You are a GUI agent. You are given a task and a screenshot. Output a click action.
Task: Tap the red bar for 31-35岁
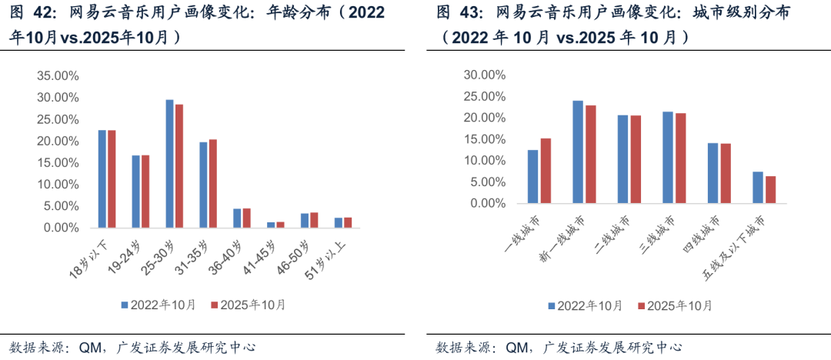click(x=213, y=184)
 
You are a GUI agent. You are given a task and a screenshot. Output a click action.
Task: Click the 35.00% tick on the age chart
click(x=56, y=76)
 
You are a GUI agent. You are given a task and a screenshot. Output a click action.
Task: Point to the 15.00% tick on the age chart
click(x=56, y=163)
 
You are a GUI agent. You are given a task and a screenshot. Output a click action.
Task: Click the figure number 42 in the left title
click(x=44, y=13)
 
